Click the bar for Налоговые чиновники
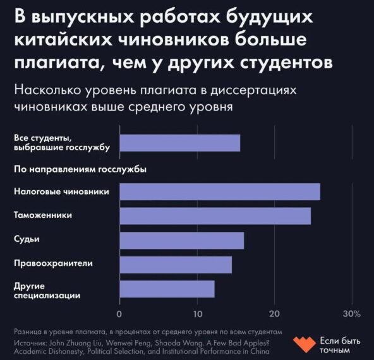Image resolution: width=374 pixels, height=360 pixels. pyautogui.click(x=219, y=191)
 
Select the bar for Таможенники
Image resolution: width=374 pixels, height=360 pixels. pyautogui.click(x=215, y=215)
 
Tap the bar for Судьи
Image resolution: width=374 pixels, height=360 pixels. pyautogui.click(x=181, y=240)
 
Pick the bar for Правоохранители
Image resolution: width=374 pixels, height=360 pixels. pyautogui.click(x=175, y=265)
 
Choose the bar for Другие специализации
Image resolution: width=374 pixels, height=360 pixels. pyautogui.click(x=167, y=289)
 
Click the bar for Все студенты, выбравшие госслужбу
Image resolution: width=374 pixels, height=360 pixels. pyautogui.click(x=179, y=143)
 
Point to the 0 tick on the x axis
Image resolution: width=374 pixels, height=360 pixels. pyautogui.click(x=119, y=313)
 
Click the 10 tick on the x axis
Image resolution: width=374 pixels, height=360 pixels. pyautogui.click(x=197, y=313)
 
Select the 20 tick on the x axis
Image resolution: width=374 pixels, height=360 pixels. pyautogui.click(x=274, y=313)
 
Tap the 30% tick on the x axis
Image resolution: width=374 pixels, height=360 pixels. pyautogui.click(x=351, y=313)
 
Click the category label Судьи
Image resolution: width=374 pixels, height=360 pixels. pyautogui.click(x=26, y=239)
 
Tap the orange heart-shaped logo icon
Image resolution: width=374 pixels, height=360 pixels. pyautogui.click(x=305, y=344)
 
